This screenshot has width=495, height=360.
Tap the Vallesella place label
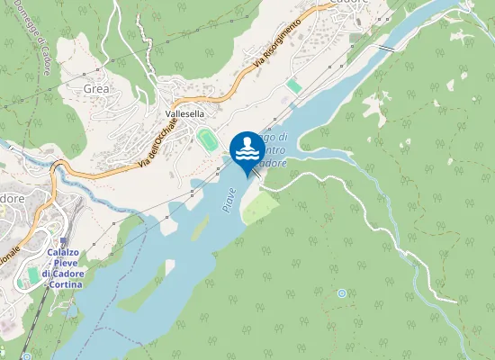(187, 115)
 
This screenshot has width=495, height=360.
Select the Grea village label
(95, 89)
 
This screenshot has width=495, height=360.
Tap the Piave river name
(229, 198)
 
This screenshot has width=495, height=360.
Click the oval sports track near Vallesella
(208, 140)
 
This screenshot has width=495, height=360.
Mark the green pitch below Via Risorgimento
(294, 85)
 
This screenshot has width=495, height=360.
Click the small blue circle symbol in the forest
(342, 293)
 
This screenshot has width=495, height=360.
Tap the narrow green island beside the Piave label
(200, 229)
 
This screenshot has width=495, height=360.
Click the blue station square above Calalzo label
(64, 241)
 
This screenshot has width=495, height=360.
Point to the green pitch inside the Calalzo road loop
(33, 274)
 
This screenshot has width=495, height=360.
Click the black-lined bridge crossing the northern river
(386, 47)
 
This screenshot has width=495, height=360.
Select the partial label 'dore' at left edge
(12, 197)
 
